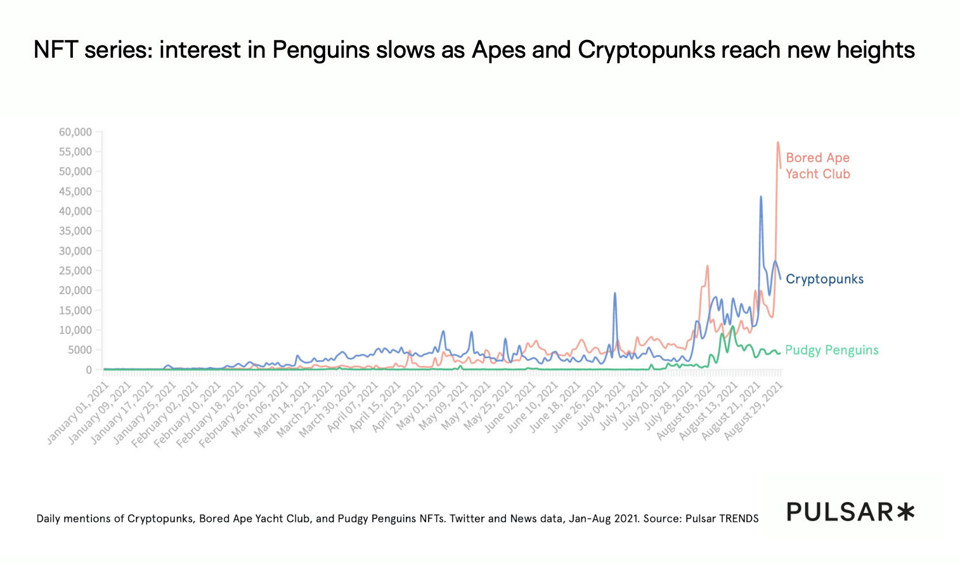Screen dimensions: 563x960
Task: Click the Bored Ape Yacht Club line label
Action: [x=817, y=165]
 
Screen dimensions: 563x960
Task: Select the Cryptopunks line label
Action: [x=824, y=279]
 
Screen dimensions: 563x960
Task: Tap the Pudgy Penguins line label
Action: [x=831, y=350]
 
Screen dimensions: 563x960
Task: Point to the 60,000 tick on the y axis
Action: [x=75, y=132]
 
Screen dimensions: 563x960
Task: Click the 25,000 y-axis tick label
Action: [x=75, y=271]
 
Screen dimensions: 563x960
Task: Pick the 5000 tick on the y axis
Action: [x=80, y=350]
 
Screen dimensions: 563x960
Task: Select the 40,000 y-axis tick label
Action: [x=75, y=211]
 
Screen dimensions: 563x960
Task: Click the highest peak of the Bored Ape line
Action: [x=777, y=142]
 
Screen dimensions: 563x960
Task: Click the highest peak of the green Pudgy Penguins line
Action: [x=733, y=326]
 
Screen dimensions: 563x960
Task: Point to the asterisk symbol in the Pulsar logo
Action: [x=905, y=511]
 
